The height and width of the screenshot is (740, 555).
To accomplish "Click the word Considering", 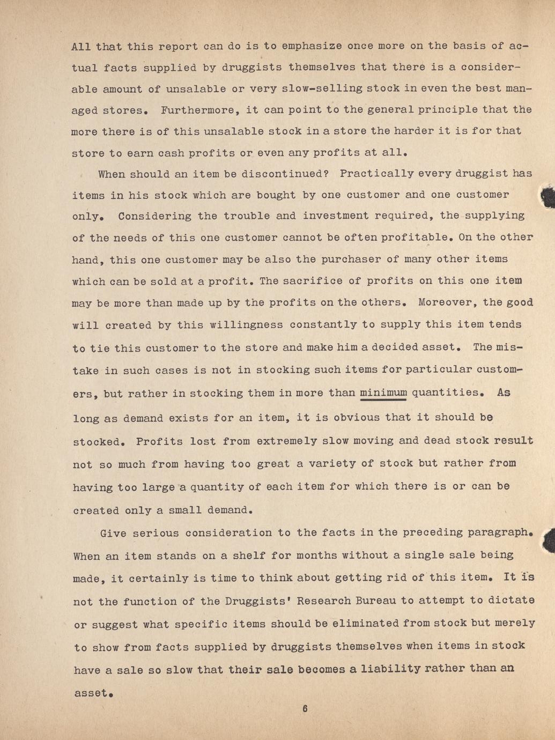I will [154, 216].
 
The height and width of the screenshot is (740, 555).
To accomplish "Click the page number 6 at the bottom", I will [305, 709].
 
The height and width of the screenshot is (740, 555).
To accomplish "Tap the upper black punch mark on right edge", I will [548, 199].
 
